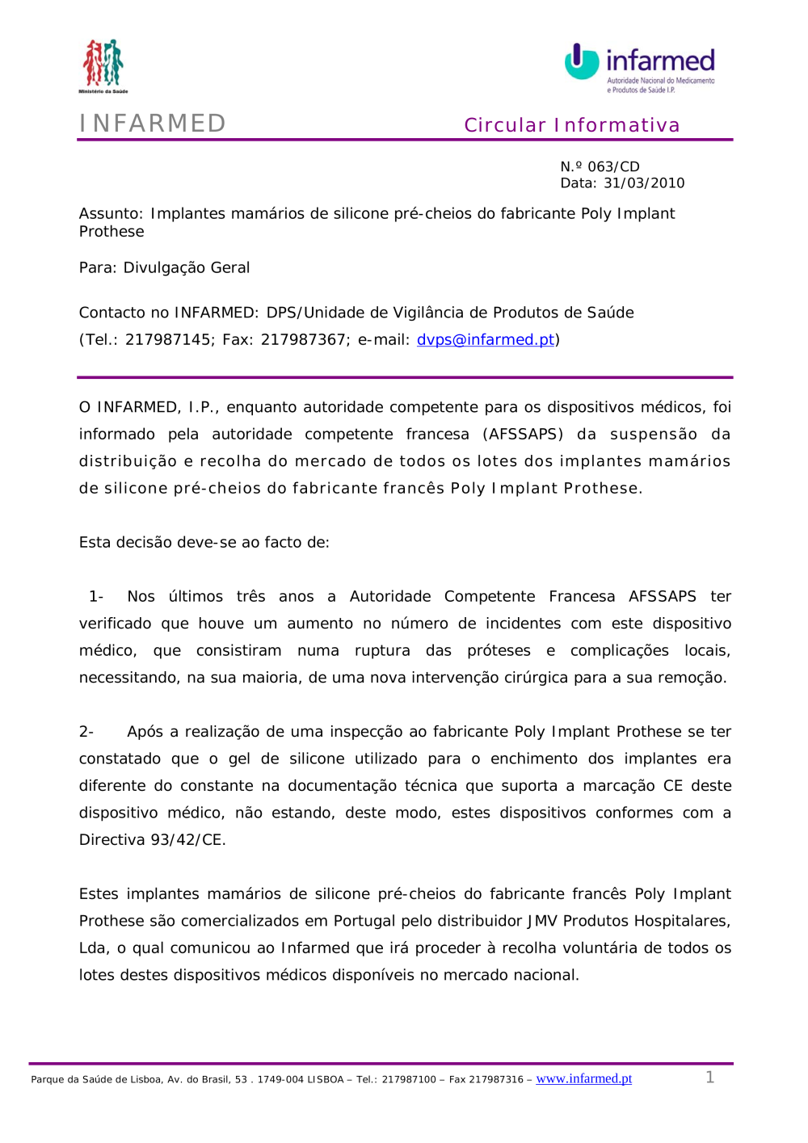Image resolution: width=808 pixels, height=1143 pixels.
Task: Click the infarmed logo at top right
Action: pos(640,67)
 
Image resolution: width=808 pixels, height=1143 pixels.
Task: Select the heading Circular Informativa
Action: pos(571,125)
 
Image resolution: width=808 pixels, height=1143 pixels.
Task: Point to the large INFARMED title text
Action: pos(153,123)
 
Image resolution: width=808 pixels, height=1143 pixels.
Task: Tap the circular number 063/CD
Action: pos(613,166)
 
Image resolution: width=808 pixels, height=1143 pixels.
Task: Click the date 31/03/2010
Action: pos(644,183)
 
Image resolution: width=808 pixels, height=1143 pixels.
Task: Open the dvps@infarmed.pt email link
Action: pos(486,340)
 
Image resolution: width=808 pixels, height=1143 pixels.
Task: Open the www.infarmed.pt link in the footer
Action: pos(583,1078)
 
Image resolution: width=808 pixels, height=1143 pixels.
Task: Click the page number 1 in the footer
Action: pos(709,1078)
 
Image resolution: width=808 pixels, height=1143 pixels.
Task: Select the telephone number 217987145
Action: pos(167,340)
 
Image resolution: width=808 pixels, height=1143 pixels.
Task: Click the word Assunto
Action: pos(110,214)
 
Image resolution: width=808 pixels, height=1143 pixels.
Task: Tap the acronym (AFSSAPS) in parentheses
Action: pos(523,435)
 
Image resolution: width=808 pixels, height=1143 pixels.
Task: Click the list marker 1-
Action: pos(96,597)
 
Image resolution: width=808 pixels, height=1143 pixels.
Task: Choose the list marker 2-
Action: pos(86,732)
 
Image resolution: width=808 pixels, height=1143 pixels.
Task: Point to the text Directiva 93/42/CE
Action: pos(152,840)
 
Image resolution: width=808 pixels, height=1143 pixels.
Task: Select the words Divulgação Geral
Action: pos(187,268)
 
